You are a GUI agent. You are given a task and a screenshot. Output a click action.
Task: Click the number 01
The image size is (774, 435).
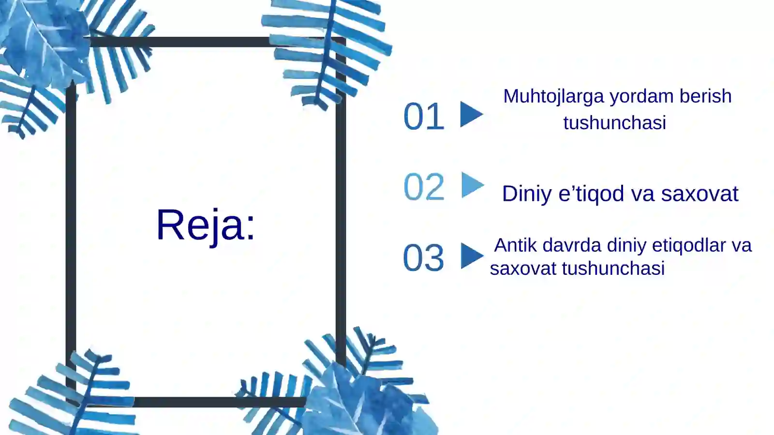click(x=424, y=117)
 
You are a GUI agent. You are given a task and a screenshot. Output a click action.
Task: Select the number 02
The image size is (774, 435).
click(x=424, y=187)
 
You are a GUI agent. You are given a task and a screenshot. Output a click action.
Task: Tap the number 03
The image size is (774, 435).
click(x=423, y=257)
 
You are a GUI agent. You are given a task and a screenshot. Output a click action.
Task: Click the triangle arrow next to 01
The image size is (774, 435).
click(x=470, y=115)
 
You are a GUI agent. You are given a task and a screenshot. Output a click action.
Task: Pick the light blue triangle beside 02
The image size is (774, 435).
click(x=471, y=185)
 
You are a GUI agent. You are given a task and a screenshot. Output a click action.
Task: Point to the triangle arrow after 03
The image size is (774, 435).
click(x=471, y=256)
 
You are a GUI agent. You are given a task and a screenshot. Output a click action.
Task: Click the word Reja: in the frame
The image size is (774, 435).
click(x=206, y=224)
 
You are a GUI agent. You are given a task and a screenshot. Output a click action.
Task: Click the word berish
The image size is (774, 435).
click(x=705, y=96)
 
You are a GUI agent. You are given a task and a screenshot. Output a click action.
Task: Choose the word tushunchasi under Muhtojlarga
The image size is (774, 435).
click(x=614, y=123)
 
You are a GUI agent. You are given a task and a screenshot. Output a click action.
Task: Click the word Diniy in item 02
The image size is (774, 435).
click(x=527, y=194)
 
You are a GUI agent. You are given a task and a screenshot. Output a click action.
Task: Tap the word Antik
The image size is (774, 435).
click(x=515, y=245)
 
